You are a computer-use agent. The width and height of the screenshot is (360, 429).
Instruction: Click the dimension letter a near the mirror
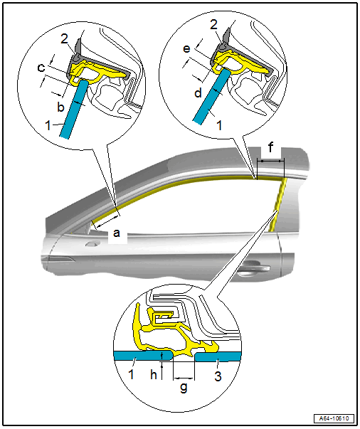click(117, 233)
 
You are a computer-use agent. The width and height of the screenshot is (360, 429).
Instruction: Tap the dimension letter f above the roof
click(270, 148)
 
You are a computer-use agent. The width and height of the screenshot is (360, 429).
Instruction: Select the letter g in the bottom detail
click(184, 388)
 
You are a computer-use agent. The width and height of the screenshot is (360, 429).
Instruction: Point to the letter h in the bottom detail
click(154, 374)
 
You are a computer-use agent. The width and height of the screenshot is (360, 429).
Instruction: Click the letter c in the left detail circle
click(41, 68)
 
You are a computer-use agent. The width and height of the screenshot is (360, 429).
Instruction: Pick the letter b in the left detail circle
click(60, 107)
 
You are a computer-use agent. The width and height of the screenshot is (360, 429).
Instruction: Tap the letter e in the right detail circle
click(186, 48)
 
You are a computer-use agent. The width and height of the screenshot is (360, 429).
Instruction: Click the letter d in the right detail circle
click(198, 93)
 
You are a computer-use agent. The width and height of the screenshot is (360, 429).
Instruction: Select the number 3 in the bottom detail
click(218, 377)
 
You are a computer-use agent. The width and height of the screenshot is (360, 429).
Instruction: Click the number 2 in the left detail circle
click(64, 39)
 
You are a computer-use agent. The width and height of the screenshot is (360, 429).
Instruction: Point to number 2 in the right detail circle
click(213, 25)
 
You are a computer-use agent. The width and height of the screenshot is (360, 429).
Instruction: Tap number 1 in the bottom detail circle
click(131, 374)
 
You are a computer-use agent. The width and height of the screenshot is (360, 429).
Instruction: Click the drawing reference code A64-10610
click(334, 418)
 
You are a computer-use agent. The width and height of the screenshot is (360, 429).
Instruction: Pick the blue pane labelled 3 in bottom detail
click(218, 356)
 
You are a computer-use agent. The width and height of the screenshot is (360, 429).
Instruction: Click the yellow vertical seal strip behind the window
click(277, 204)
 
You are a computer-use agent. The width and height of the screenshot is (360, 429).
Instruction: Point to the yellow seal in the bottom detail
click(175, 332)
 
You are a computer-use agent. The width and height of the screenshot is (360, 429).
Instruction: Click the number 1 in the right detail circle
click(219, 125)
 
